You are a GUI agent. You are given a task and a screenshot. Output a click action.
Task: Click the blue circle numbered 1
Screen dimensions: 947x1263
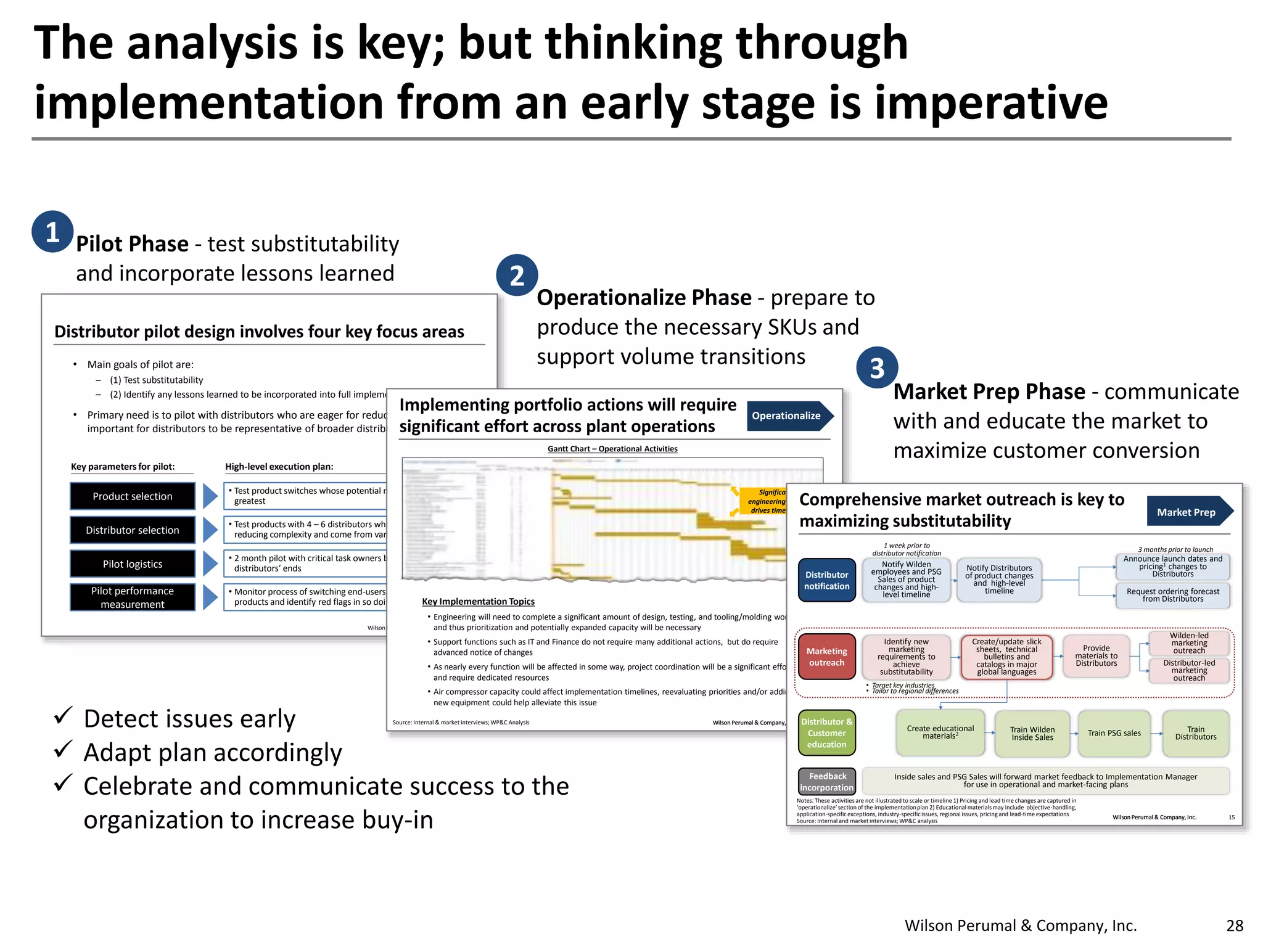tap(52, 232)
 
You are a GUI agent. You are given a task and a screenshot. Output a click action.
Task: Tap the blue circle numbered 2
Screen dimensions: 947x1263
tap(517, 275)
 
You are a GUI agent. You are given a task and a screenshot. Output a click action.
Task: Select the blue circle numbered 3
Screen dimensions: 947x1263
tap(877, 368)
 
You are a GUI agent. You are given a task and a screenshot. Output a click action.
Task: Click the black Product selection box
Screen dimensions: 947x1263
tap(133, 496)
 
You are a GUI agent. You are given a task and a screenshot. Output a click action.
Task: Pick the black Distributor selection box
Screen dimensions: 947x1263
tap(133, 530)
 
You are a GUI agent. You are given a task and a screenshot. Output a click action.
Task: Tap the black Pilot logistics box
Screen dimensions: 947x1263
tap(133, 564)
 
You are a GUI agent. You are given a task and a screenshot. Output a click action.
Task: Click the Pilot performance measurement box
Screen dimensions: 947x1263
tap(133, 597)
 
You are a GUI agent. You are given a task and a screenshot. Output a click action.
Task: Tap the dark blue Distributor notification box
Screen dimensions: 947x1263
tap(826, 580)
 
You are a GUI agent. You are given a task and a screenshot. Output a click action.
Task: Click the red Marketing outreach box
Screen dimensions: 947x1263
tap(826, 657)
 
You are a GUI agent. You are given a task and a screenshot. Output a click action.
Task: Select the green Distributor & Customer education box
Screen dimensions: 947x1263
tap(826, 733)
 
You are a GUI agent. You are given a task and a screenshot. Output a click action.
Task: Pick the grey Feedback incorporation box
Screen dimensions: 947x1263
tap(826, 782)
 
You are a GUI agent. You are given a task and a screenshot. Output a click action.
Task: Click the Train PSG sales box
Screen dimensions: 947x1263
tap(1114, 733)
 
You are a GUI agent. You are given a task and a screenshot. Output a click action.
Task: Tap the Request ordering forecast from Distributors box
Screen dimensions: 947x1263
tap(1172, 595)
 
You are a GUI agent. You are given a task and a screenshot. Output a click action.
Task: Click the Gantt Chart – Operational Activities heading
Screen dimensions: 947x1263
tap(612, 449)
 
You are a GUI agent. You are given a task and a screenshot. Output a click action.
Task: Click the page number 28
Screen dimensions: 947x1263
tap(1235, 925)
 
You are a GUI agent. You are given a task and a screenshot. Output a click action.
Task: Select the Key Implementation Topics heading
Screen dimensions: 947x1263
tap(478, 601)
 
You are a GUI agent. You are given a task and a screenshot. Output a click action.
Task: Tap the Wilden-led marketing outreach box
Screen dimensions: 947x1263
tap(1188, 643)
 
